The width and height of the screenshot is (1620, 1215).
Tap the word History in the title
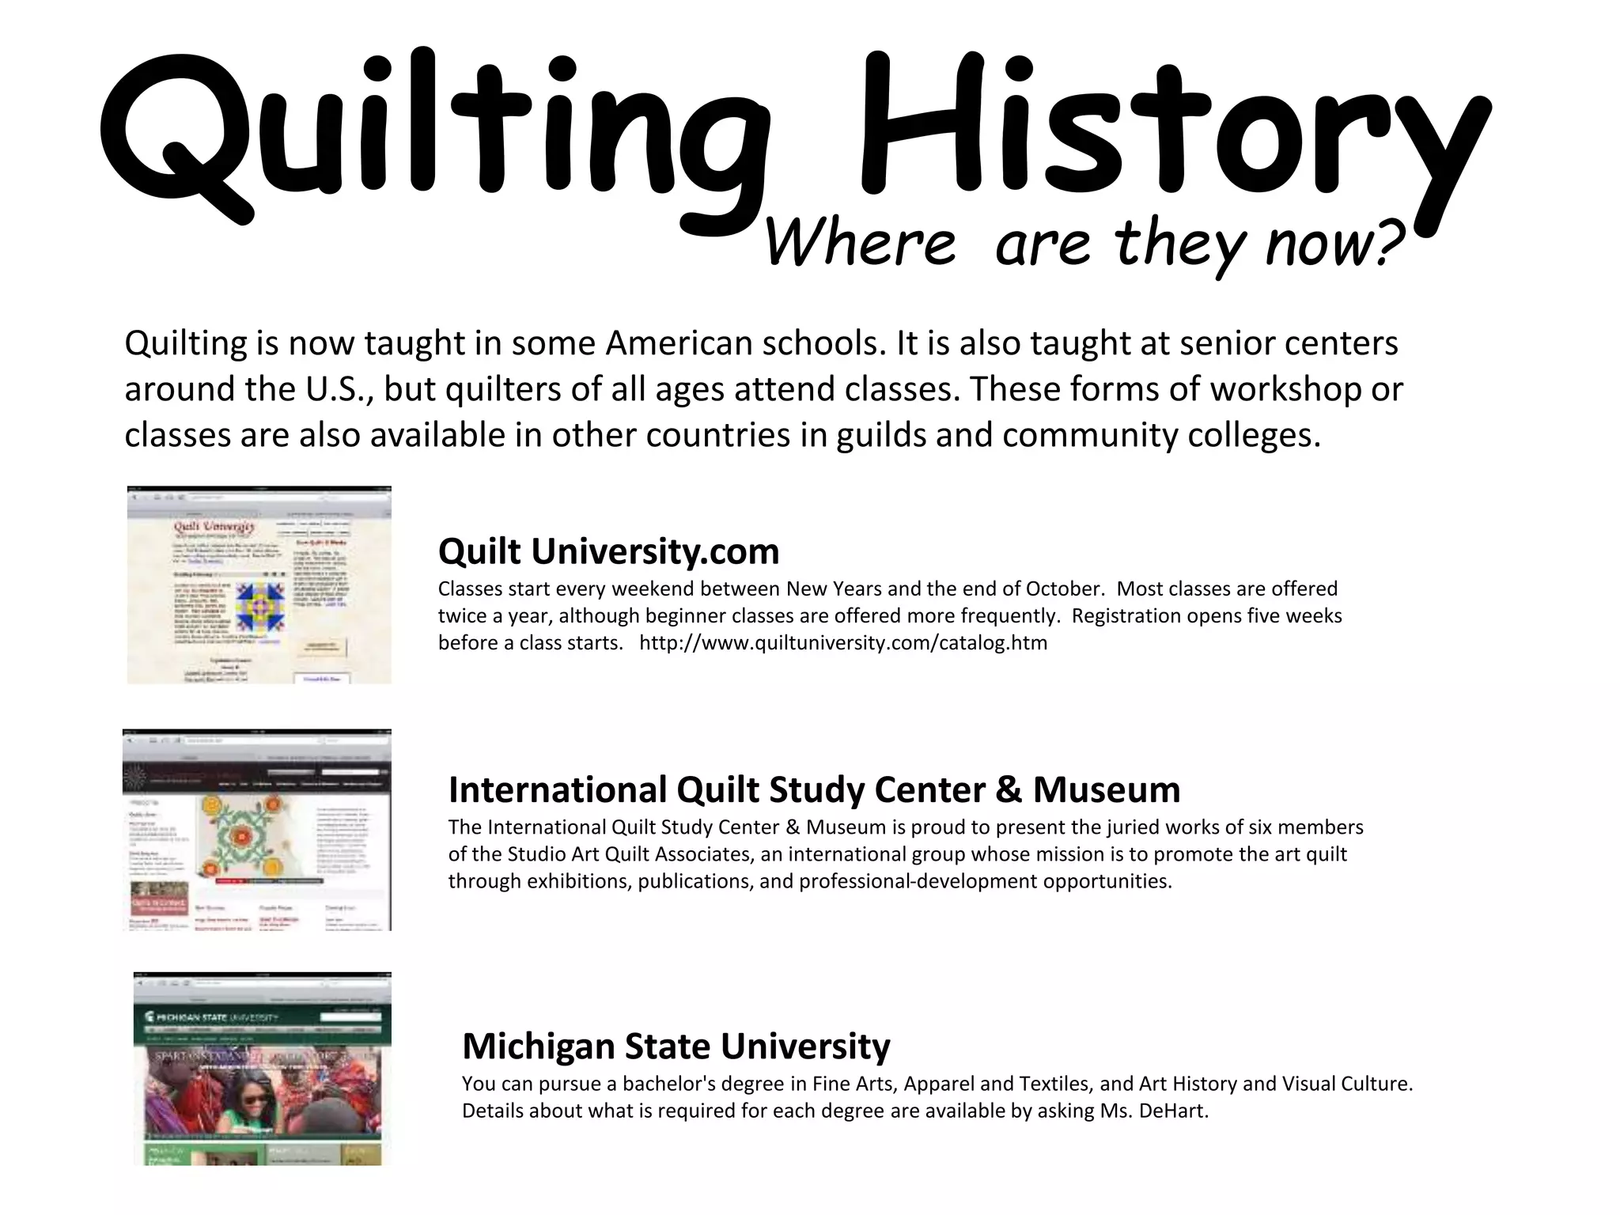point(1171,131)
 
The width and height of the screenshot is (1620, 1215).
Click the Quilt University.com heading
point(608,551)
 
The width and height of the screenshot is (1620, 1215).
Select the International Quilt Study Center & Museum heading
point(814,789)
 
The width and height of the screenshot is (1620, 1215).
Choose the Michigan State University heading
point(676,1046)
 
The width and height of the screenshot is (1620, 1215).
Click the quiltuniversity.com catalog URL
point(843,643)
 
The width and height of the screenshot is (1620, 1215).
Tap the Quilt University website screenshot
point(259,585)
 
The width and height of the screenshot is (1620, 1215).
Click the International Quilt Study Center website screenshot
point(257,830)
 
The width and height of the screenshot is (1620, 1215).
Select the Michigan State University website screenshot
point(262,1069)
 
